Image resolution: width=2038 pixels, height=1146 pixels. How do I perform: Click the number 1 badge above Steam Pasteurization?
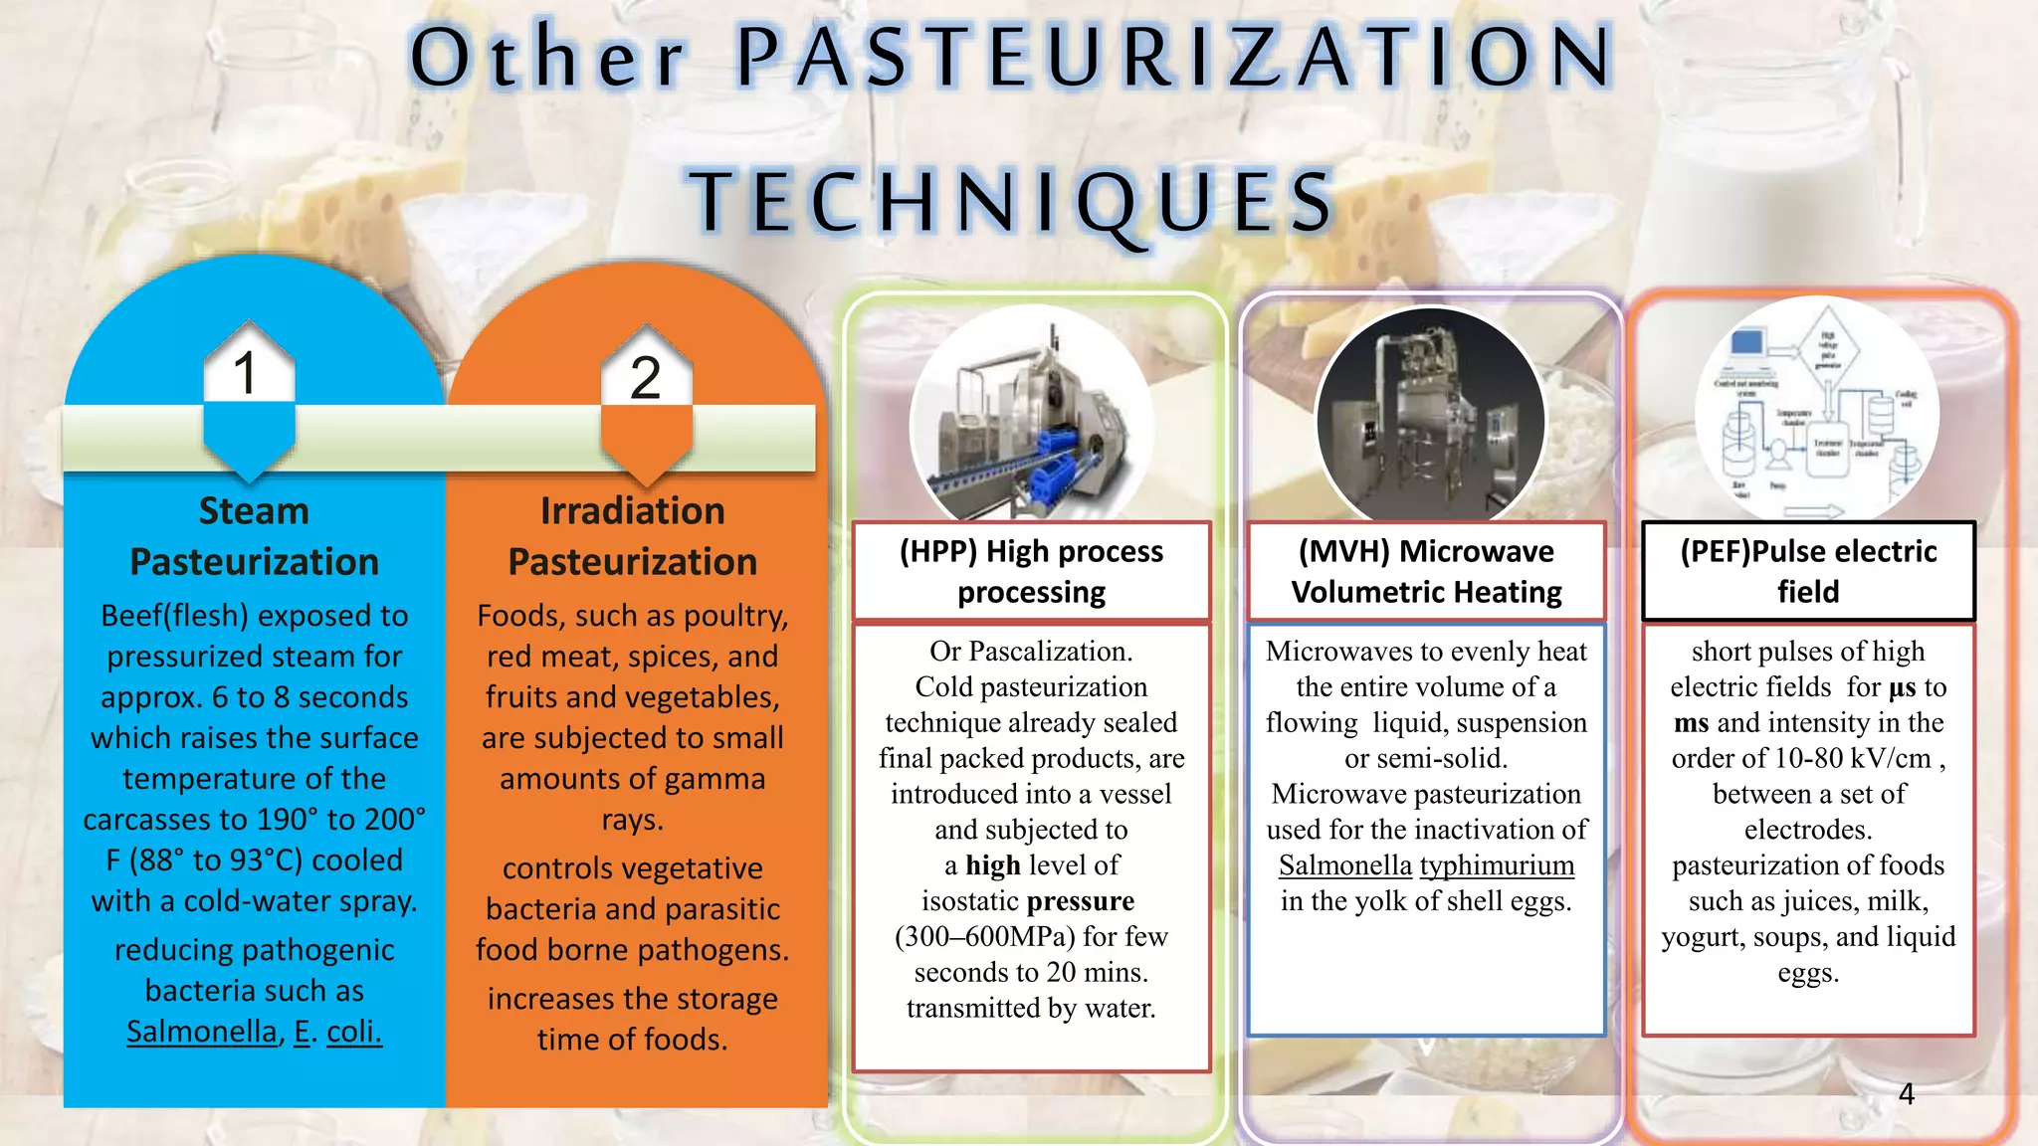(x=247, y=374)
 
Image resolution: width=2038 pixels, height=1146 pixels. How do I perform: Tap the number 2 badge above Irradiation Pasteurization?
(x=646, y=378)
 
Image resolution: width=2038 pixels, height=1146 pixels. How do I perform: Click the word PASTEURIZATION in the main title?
(x=1174, y=58)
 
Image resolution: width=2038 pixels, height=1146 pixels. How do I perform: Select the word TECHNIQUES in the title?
(x=1013, y=202)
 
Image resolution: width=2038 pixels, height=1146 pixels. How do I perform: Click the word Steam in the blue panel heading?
(x=254, y=511)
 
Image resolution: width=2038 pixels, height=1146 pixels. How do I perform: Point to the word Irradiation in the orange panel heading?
(x=633, y=511)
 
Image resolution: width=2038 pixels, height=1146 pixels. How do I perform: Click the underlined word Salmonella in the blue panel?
(x=202, y=1032)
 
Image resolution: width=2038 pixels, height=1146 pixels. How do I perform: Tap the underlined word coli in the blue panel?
(x=353, y=1032)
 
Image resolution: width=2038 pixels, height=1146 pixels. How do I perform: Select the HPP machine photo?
(x=1031, y=418)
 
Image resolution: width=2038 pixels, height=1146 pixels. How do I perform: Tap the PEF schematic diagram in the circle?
(x=1817, y=410)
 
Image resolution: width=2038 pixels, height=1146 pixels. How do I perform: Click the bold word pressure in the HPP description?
(x=1081, y=901)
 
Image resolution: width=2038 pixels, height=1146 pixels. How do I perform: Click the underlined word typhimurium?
(x=1497, y=865)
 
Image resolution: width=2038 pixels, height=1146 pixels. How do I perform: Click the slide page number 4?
(x=1906, y=1094)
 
